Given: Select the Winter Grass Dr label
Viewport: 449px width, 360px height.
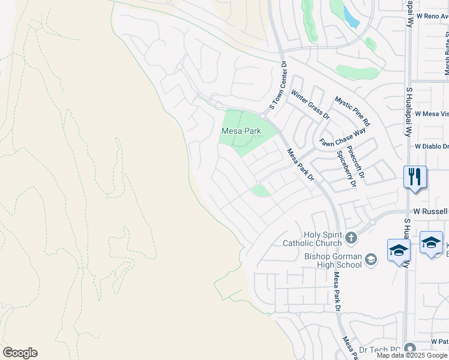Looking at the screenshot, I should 310,104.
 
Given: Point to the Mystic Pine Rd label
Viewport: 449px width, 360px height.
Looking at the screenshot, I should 353,111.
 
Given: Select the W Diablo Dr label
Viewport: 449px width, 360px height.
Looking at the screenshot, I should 432,146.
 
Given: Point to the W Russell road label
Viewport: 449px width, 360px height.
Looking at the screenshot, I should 431,212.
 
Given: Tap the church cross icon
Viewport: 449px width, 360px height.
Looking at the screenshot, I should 352,238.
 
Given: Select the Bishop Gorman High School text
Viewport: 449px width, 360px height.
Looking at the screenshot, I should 333,261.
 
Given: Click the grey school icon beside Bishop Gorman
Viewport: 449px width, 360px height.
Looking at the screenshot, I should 371,259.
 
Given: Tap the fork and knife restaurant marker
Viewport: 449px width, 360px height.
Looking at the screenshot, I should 415,177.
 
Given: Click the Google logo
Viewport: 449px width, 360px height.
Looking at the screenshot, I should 20,353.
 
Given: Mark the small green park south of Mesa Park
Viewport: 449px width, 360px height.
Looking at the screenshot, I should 261,191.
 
